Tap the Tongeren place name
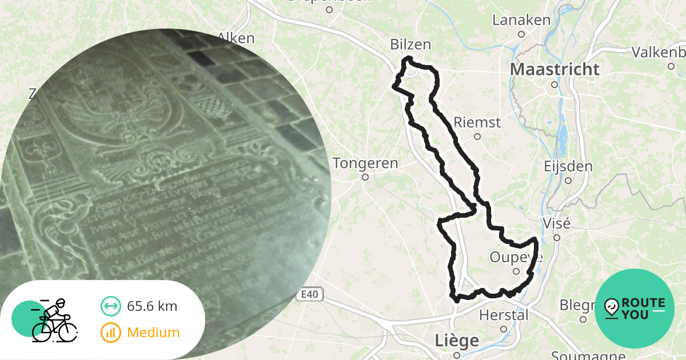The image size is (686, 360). [x=365, y=163]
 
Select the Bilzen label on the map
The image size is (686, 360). [x=410, y=45]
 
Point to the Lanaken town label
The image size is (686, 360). [x=521, y=20]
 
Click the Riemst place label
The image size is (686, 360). [x=477, y=122]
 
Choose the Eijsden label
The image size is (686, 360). [x=568, y=167]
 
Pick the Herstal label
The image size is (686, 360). [x=504, y=315]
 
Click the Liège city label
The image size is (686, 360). [x=457, y=341]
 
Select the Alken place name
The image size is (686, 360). [x=236, y=38]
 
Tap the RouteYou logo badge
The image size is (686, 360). [x=635, y=309]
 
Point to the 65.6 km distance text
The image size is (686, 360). [x=152, y=306]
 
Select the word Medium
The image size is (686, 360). [x=153, y=333]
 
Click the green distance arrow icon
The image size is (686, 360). [x=110, y=306]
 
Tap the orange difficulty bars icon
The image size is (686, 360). [x=110, y=333]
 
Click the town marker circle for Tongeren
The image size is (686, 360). [x=365, y=177]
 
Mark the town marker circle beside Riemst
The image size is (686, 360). [x=477, y=137]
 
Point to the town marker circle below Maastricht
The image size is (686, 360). [x=554, y=85]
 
